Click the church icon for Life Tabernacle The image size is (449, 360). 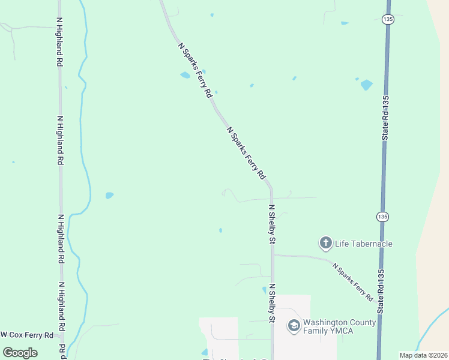coord(325,243)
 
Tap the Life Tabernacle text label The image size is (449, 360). coord(363,244)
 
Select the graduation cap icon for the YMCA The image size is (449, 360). coord(294,326)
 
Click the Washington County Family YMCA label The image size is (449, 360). coord(339,326)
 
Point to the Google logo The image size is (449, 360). coord(20,352)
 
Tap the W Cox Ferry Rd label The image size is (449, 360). coord(28,335)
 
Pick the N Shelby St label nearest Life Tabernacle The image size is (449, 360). coord(271,224)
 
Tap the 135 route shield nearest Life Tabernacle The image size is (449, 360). coord(382,216)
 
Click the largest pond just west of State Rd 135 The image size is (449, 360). coord(366,85)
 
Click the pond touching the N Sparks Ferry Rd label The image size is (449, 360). coord(185,76)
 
